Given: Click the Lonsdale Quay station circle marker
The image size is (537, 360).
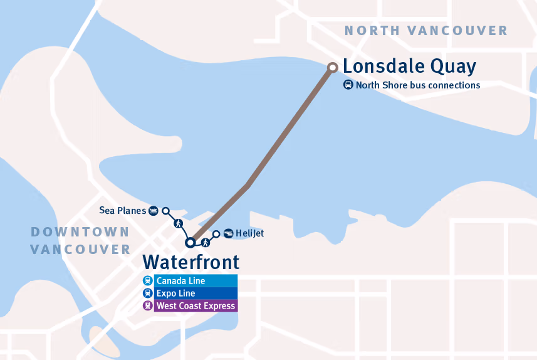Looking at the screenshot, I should tap(333, 66).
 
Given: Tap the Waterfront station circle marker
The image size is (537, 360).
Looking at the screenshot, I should tap(190, 243).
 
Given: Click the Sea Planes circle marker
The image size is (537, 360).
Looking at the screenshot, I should tap(166, 211).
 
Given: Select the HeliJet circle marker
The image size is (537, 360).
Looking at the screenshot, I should tap(217, 234).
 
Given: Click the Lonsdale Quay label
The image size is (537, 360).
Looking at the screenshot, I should tap(409, 66).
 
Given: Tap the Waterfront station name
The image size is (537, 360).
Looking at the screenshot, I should tap(190, 262).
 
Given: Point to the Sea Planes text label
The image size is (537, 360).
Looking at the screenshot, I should tap(122, 211).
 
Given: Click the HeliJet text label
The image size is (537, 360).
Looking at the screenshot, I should tap(250, 233).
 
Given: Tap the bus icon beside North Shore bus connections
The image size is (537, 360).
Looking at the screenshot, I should tap(348, 85).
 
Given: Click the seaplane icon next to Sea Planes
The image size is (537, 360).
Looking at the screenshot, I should tap(153, 211).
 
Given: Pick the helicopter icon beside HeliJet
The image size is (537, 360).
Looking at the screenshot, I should tap(228, 233).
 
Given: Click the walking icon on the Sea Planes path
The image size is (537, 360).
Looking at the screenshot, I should tap(178, 223).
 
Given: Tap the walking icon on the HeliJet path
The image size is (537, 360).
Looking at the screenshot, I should tap(205, 241).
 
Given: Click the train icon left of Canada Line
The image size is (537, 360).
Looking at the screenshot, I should tap(147, 281).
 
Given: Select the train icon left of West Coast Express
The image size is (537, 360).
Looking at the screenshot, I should tap(147, 306).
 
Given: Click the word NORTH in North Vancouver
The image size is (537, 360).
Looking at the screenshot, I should tap(372, 31).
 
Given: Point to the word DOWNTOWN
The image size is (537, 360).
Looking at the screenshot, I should tap(80, 232).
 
